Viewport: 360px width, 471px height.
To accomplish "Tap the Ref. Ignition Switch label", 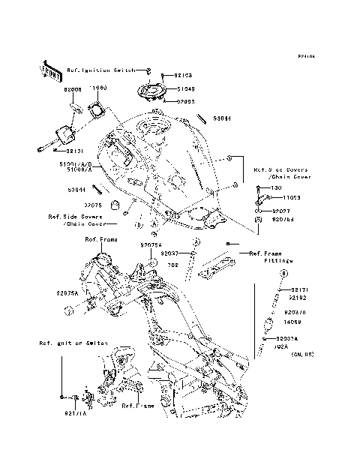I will point(100,70).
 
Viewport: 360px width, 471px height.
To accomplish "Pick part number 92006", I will point(73,88).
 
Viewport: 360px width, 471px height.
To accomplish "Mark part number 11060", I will point(99,88).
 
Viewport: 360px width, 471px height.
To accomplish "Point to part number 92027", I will point(281,211).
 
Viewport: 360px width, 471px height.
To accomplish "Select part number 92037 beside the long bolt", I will point(168,254).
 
